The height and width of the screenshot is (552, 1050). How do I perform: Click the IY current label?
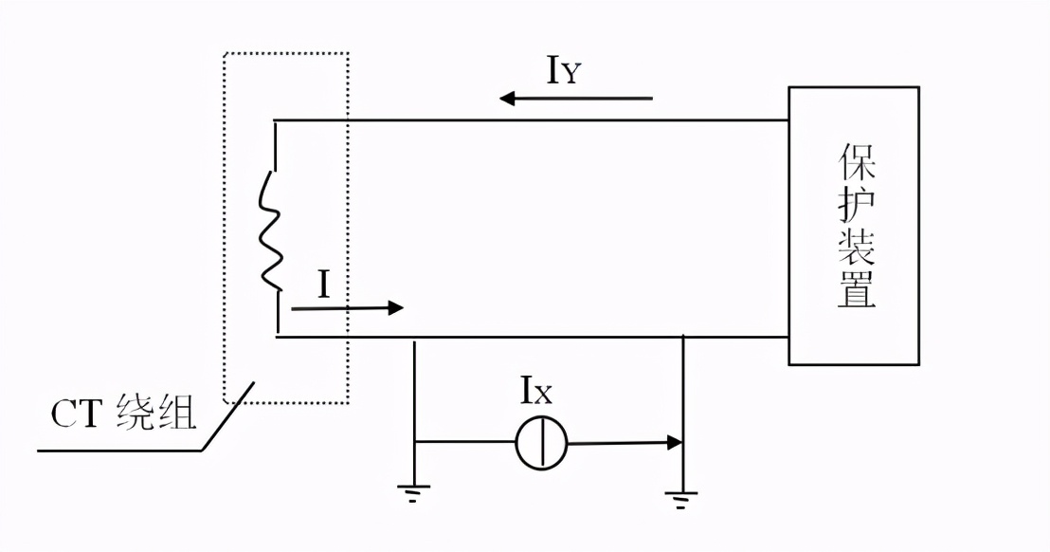(x=562, y=70)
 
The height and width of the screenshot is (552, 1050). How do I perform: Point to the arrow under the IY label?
(x=576, y=98)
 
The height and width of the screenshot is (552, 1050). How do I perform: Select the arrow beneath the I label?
(x=347, y=307)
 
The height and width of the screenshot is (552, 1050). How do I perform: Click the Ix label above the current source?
(x=535, y=391)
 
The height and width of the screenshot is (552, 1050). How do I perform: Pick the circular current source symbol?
(x=541, y=443)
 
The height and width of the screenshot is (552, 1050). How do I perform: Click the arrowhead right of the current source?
(x=674, y=442)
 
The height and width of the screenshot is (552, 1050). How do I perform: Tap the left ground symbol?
(x=414, y=492)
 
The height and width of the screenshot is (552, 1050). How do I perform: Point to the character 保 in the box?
(x=856, y=163)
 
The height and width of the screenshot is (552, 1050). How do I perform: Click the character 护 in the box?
(x=856, y=207)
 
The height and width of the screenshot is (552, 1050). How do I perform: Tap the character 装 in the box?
(x=856, y=249)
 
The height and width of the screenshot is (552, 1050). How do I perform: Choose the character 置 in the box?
(x=856, y=292)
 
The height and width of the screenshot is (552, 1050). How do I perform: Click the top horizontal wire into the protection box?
(x=569, y=120)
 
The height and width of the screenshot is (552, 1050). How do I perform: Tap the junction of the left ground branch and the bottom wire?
(x=415, y=336)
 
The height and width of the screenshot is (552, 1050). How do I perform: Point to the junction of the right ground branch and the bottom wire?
(x=683, y=336)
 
